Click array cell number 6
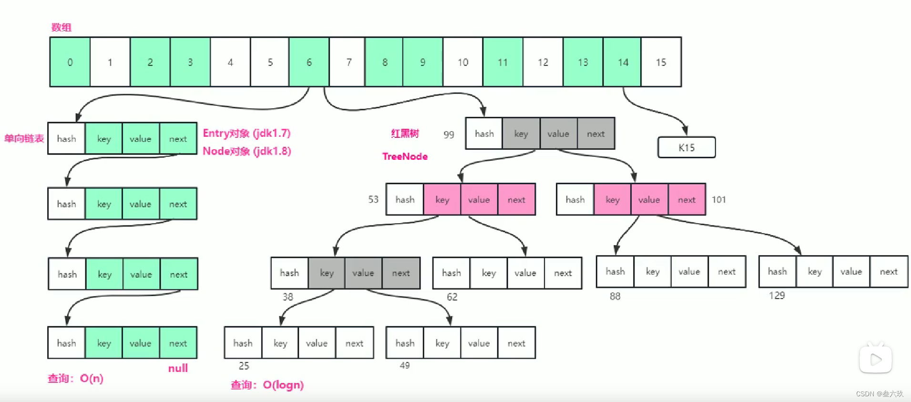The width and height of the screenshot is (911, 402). pyautogui.click(x=309, y=62)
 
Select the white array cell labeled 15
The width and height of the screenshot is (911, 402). pyautogui.click(x=661, y=62)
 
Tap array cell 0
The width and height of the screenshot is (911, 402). pyautogui.click(x=70, y=62)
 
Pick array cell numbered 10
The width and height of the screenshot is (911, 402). pyautogui.click(x=463, y=62)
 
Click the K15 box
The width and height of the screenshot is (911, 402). pyautogui.click(x=686, y=147)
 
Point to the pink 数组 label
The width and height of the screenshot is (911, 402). pyautogui.click(x=61, y=27)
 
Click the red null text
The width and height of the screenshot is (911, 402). pyautogui.click(x=178, y=368)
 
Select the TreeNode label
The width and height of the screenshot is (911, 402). pyautogui.click(x=405, y=156)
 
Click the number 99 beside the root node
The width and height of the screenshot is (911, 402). pyautogui.click(x=449, y=134)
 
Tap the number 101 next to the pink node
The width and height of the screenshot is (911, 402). pyautogui.click(x=718, y=199)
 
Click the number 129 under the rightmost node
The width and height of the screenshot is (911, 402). pyautogui.click(x=777, y=295)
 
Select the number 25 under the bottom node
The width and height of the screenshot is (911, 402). pyautogui.click(x=244, y=366)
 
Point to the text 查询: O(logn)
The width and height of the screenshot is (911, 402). pyautogui.click(x=267, y=385)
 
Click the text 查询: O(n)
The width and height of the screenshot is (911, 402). pyautogui.click(x=75, y=378)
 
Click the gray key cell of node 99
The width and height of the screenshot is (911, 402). pyautogui.click(x=521, y=134)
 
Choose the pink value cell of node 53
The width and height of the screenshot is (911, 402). pyautogui.click(x=479, y=199)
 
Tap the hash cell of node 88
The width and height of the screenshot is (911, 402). pyautogui.click(x=615, y=271)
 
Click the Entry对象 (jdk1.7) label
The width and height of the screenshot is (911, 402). pyautogui.click(x=246, y=133)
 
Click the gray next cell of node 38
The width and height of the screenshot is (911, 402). pyautogui.click(x=401, y=273)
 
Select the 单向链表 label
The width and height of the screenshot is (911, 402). pyautogui.click(x=24, y=138)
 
